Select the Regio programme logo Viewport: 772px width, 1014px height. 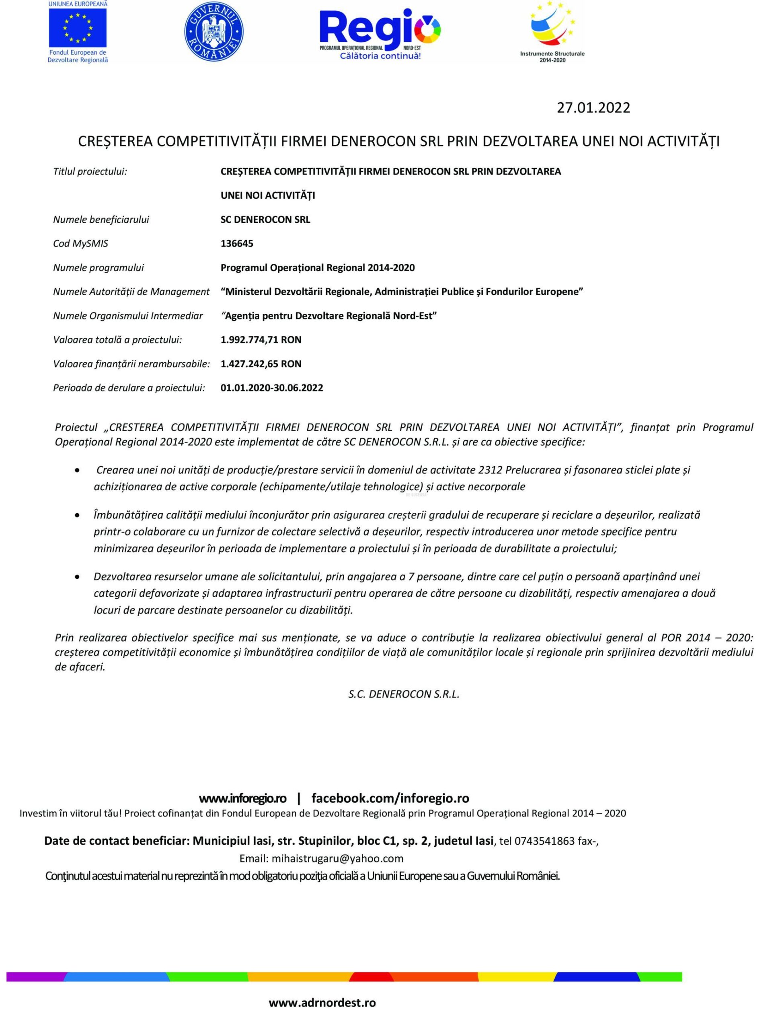(x=380, y=33)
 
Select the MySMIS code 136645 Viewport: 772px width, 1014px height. (x=237, y=244)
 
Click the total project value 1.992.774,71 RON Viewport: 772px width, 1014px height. (x=261, y=340)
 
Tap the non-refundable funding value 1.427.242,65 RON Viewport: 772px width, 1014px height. (x=261, y=364)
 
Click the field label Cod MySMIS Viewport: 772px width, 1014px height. (x=81, y=244)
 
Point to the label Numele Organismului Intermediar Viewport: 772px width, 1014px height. (x=128, y=316)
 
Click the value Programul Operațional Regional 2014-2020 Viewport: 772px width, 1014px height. (x=318, y=267)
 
